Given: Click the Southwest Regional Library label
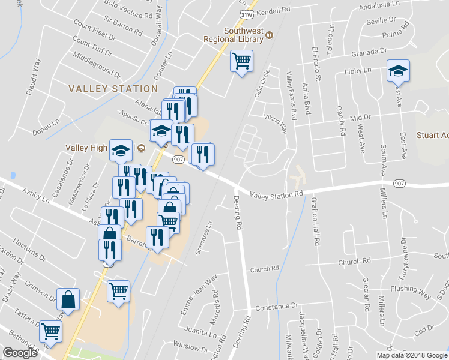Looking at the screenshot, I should (x=244, y=35).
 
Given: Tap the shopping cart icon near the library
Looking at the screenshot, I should (x=241, y=61).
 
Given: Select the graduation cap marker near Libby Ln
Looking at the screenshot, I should (x=397, y=71).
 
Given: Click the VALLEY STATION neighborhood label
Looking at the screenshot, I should (x=113, y=89).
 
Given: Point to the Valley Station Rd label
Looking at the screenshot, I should (x=276, y=195).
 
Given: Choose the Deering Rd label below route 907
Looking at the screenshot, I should (x=238, y=214).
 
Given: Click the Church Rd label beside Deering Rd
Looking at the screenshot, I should (x=265, y=269).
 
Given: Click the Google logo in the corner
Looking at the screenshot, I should (x=20, y=353).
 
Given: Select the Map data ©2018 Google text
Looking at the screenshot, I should (x=411, y=355).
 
